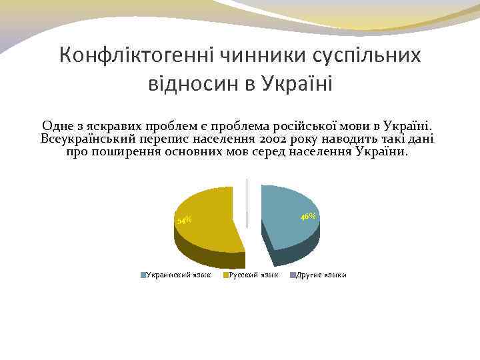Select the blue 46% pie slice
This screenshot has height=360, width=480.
tap(287, 213)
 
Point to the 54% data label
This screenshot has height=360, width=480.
tap(183, 220)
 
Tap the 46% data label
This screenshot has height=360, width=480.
tap(308, 217)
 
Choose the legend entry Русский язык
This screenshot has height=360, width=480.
tap(253, 275)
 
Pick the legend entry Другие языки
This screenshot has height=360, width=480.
tap(321, 275)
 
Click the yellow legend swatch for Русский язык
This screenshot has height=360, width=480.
tap(225, 275)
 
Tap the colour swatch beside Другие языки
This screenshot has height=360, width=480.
tap(292, 275)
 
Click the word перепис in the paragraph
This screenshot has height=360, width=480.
tap(165, 139)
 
